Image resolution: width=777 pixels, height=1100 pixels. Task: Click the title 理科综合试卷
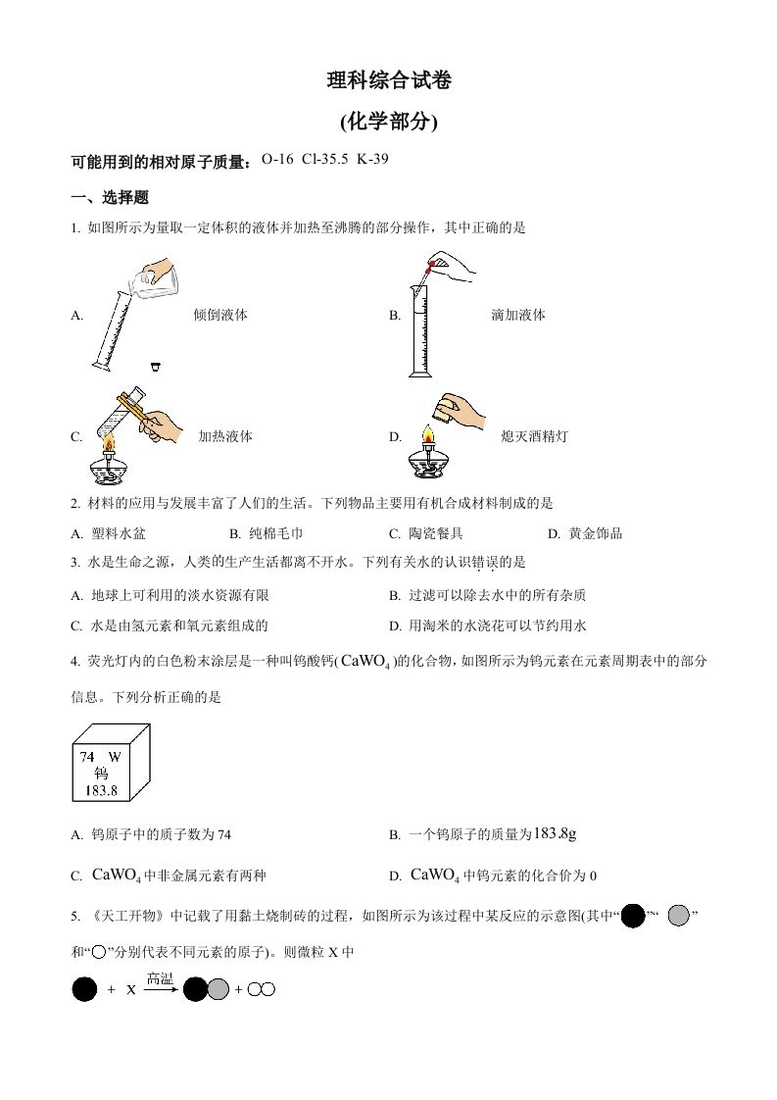click(389, 82)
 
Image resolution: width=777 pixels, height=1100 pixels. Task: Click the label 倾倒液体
click(219, 316)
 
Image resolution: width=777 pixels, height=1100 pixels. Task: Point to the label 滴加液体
click(517, 316)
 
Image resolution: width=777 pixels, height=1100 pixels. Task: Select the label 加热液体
click(225, 437)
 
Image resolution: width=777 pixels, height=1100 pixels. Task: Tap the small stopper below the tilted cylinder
click(155, 367)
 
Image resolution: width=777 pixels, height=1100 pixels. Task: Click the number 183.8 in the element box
click(101, 789)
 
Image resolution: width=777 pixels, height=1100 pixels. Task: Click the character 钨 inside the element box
click(101, 773)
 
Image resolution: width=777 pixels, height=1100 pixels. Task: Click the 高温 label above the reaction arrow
click(160, 977)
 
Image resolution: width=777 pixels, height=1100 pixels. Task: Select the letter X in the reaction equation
click(130, 990)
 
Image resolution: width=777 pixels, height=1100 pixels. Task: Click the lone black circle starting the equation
click(85, 990)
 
